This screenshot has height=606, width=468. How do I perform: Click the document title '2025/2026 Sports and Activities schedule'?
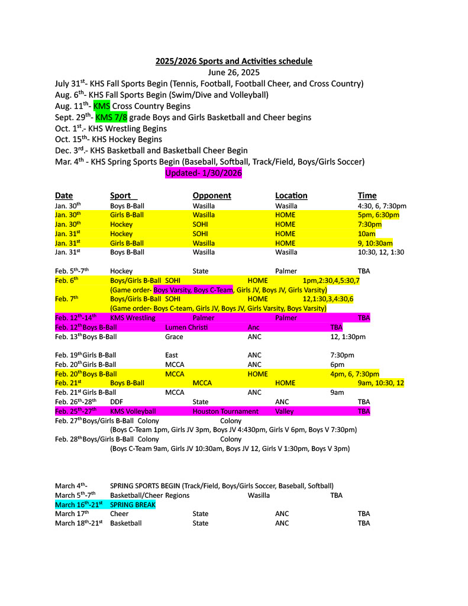(x=234, y=61)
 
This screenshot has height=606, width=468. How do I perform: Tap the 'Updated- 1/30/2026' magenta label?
(x=204, y=173)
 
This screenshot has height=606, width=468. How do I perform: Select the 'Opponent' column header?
(x=212, y=195)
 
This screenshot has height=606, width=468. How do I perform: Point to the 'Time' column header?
(x=367, y=195)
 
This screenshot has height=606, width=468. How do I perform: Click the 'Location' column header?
(x=291, y=195)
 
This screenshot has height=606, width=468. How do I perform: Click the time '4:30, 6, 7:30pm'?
(x=382, y=206)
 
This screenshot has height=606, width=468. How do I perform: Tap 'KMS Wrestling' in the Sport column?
(x=133, y=318)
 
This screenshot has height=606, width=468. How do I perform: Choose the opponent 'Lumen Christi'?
(x=186, y=327)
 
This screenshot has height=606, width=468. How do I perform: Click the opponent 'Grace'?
(x=174, y=337)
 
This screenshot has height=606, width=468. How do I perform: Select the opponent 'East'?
(x=172, y=355)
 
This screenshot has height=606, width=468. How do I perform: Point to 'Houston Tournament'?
(x=225, y=411)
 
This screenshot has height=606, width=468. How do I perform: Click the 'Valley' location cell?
(x=286, y=411)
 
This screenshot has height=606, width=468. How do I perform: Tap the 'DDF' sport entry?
(x=117, y=401)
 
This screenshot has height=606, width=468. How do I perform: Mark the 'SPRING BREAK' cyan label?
(x=133, y=505)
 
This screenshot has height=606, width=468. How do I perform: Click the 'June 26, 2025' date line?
(x=234, y=72)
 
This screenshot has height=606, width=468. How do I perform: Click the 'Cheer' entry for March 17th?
(x=119, y=514)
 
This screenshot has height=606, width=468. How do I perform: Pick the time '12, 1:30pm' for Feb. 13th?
(x=347, y=337)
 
